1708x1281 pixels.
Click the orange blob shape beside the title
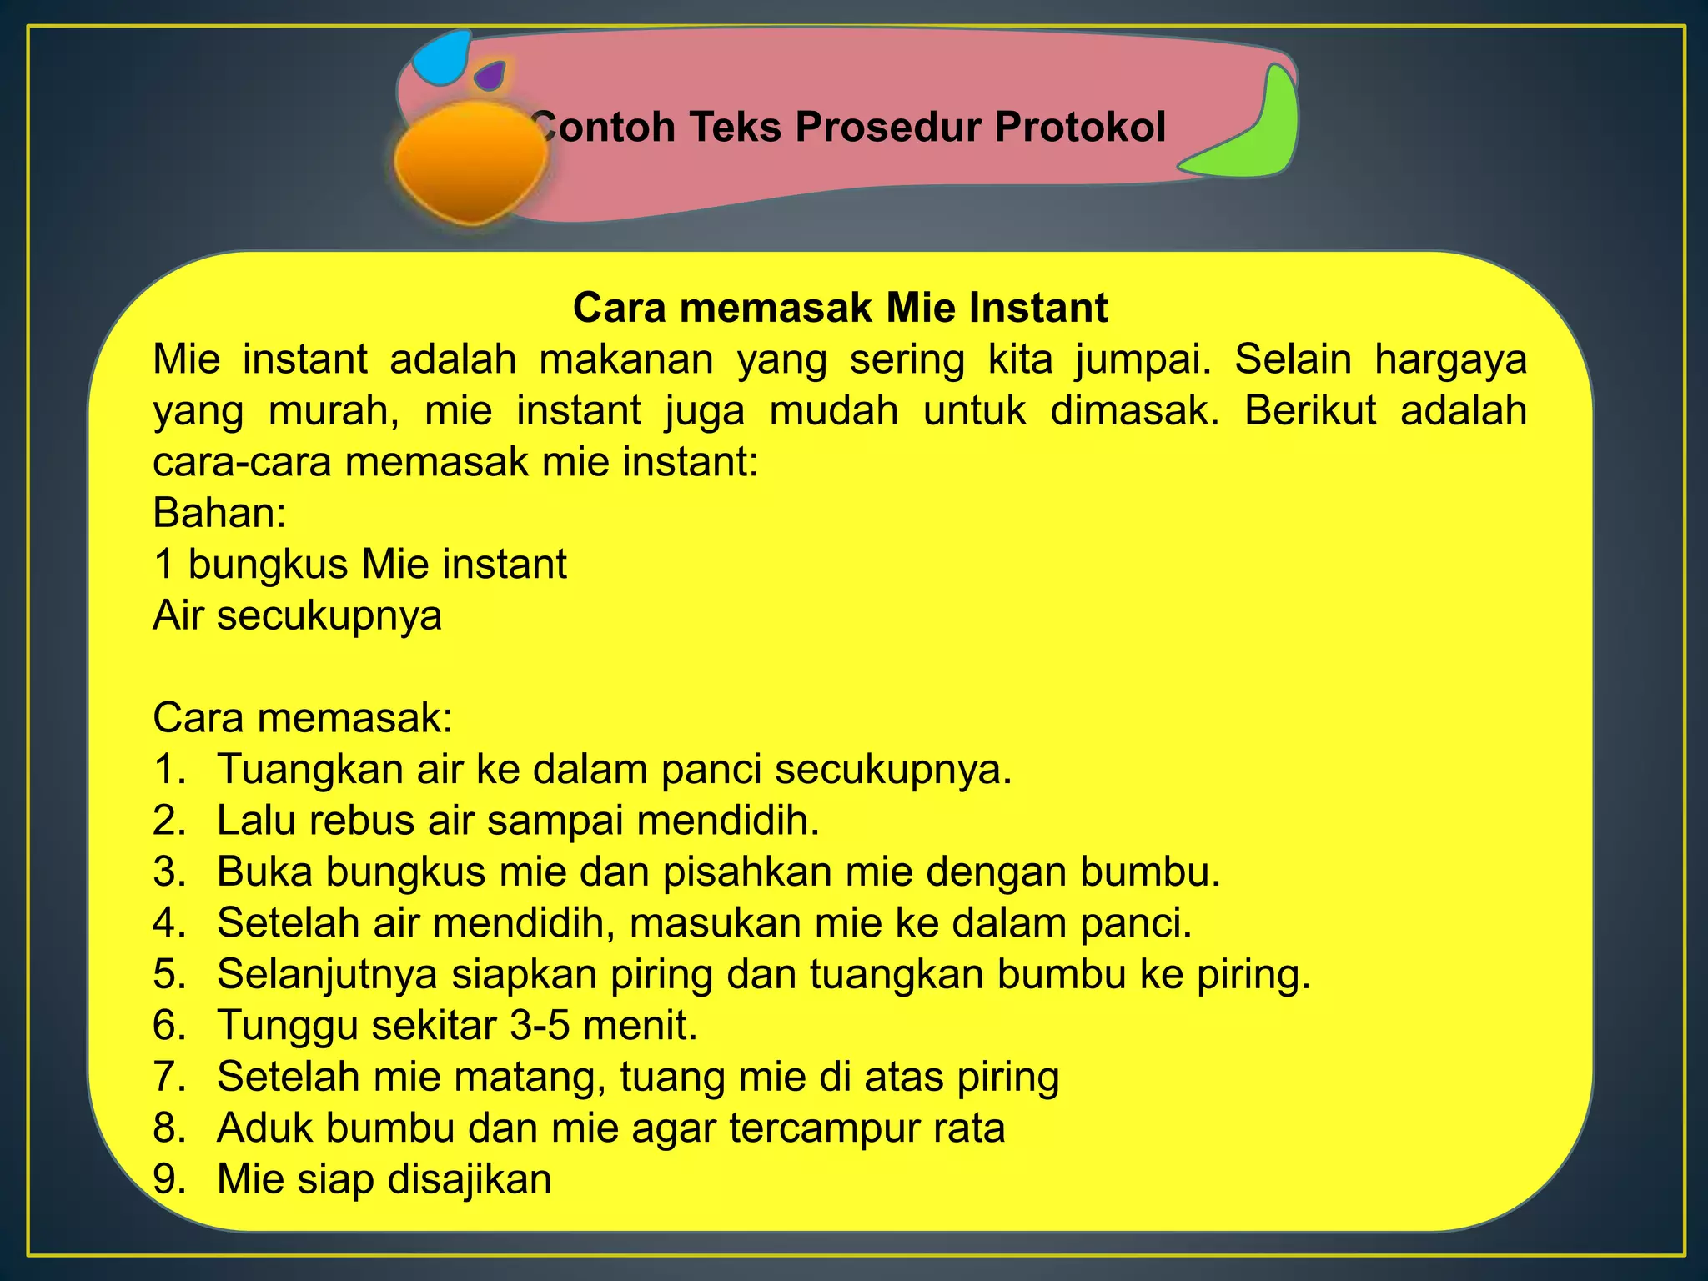[x=469, y=163]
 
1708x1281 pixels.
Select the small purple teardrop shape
[x=490, y=77]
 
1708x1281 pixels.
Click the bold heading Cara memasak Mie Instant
[x=840, y=308]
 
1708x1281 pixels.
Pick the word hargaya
[x=1450, y=359]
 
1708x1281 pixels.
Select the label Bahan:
[x=219, y=513]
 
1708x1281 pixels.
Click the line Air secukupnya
[x=298, y=615]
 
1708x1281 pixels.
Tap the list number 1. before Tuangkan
[x=170, y=769]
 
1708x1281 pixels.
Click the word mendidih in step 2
[x=728, y=821]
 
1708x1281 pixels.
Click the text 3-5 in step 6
[x=540, y=1025]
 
